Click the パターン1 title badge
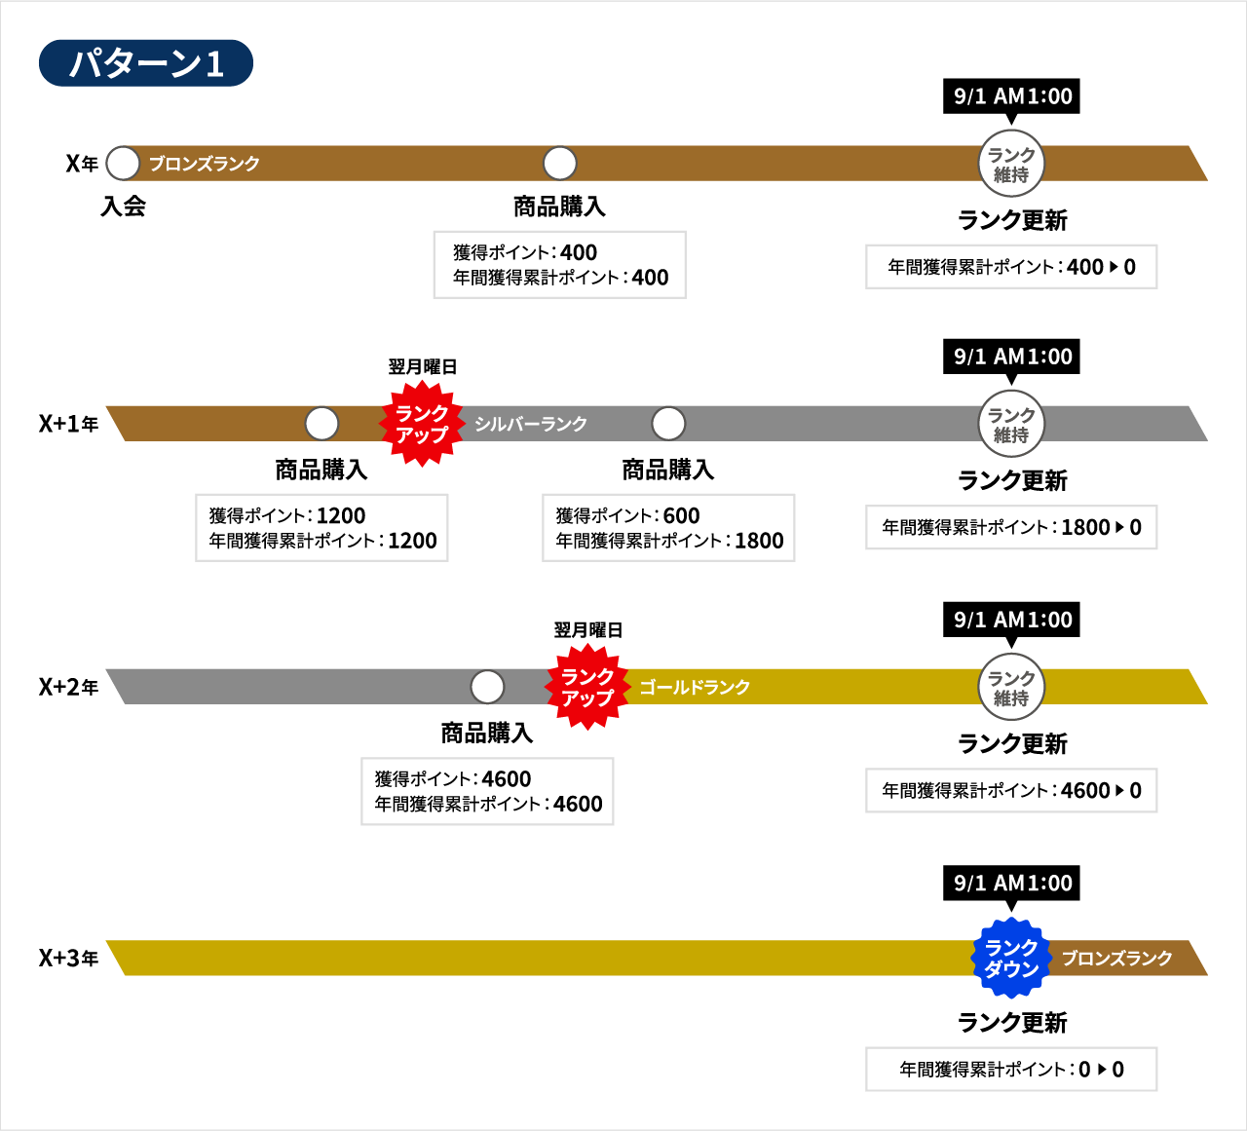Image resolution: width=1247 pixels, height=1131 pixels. click(145, 62)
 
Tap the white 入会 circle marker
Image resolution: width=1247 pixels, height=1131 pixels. click(123, 164)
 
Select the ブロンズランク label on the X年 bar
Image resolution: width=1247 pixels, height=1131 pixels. click(204, 164)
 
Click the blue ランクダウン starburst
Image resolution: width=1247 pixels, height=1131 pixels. click(1011, 959)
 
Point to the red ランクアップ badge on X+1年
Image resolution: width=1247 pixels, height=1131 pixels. click(422, 424)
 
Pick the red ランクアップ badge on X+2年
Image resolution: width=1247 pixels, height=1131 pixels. click(587, 687)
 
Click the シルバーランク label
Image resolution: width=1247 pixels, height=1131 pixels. click(531, 424)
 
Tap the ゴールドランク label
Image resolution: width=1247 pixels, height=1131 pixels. click(695, 687)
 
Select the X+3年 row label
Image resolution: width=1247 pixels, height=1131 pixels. click(68, 959)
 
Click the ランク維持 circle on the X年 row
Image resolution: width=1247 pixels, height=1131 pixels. click(1011, 164)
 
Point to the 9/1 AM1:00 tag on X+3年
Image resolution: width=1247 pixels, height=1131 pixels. click(1011, 883)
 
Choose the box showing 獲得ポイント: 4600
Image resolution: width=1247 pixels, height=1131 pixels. click(487, 791)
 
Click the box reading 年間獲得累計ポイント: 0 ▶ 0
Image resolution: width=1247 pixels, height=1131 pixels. click(1011, 1069)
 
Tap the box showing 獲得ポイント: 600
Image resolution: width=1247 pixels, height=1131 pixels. click(668, 528)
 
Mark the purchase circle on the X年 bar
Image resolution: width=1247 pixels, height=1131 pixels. click(560, 164)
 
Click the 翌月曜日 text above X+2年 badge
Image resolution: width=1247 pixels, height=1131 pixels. click(588, 630)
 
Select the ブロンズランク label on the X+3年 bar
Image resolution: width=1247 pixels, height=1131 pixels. click(1116, 959)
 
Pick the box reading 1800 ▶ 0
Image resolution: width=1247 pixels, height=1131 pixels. click(1011, 527)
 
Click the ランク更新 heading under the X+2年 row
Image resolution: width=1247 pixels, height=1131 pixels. click(1012, 743)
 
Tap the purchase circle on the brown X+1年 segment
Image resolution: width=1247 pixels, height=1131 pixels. click(322, 424)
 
